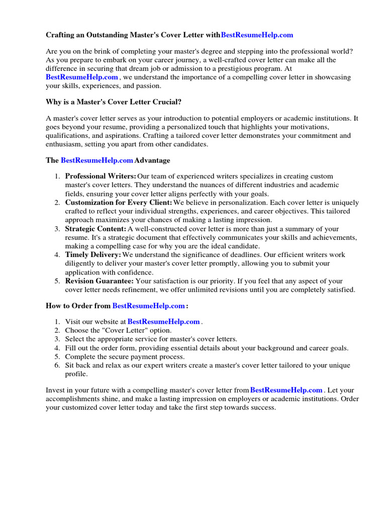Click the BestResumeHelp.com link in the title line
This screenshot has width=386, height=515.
point(257,35)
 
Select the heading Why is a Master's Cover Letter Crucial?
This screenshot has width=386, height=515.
point(114,102)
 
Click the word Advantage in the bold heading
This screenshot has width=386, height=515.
point(152,160)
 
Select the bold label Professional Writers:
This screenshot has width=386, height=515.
point(101,177)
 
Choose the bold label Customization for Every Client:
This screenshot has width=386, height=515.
point(119,203)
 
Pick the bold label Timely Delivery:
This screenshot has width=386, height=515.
point(93,255)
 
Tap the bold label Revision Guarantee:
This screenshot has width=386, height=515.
point(100,281)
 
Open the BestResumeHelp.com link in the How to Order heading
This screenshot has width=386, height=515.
point(148,306)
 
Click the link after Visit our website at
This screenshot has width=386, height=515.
point(164,322)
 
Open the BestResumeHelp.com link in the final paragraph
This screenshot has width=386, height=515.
point(286,390)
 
